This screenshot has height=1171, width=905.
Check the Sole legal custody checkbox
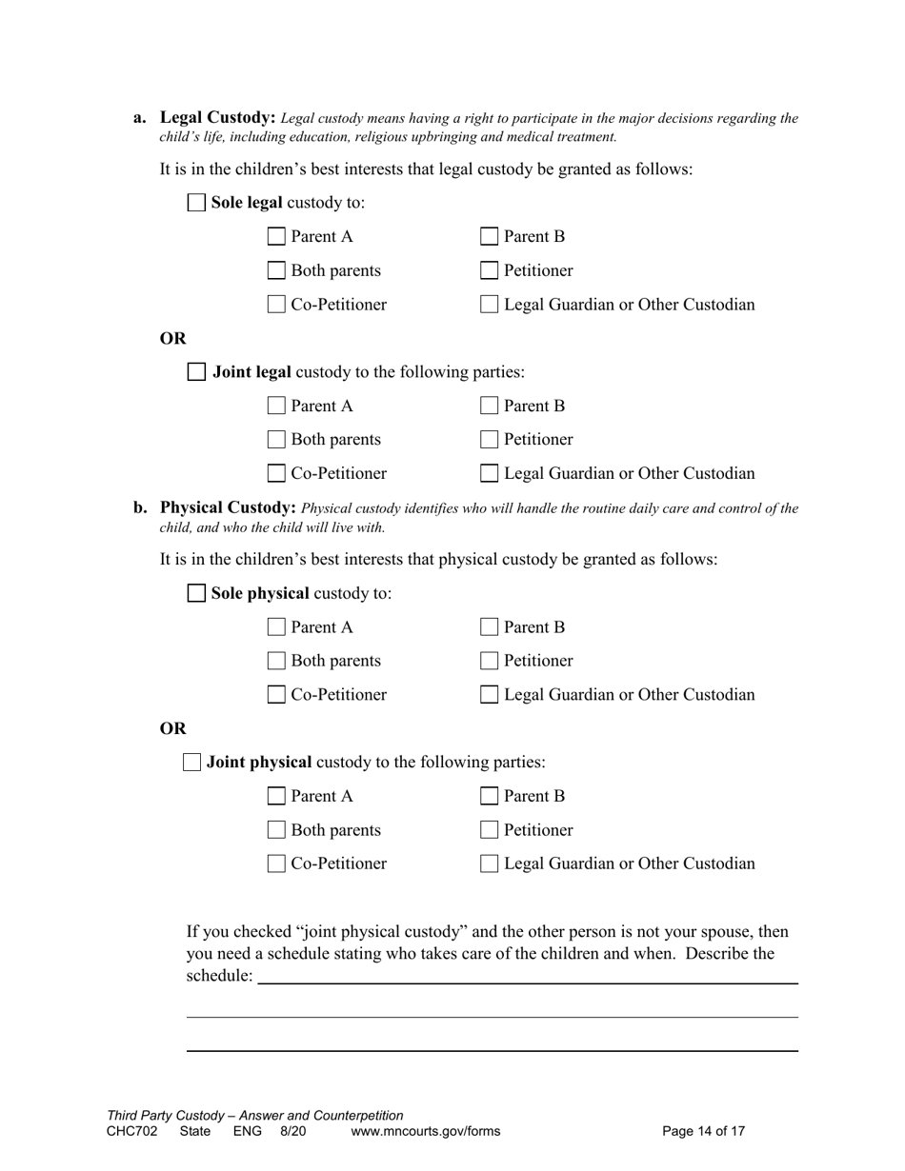point(196,203)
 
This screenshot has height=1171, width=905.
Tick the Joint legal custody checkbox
point(196,372)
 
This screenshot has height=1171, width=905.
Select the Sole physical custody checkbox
point(196,593)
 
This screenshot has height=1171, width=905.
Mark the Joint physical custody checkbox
point(191,762)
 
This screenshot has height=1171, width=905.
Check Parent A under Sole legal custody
point(276,237)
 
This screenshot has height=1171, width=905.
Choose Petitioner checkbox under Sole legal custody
point(489,270)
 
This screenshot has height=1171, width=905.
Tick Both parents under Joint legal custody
point(276,440)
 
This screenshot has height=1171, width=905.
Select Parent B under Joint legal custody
point(489,407)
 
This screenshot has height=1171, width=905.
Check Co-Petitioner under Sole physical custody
point(276,695)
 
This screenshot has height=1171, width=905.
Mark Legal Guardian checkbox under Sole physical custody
point(489,695)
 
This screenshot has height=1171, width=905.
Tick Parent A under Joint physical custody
point(276,796)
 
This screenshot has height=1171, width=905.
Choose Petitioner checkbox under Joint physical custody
point(489,830)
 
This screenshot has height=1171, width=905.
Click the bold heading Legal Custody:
point(217,118)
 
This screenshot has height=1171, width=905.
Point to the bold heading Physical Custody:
point(228,507)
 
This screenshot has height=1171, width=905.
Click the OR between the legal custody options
point(172,339)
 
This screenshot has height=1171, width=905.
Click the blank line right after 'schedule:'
point(527,978)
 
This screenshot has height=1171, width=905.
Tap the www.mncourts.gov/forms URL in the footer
point(425,1131)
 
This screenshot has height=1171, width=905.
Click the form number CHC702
point(131,1131)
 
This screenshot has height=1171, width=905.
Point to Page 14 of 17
point(703,1131)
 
